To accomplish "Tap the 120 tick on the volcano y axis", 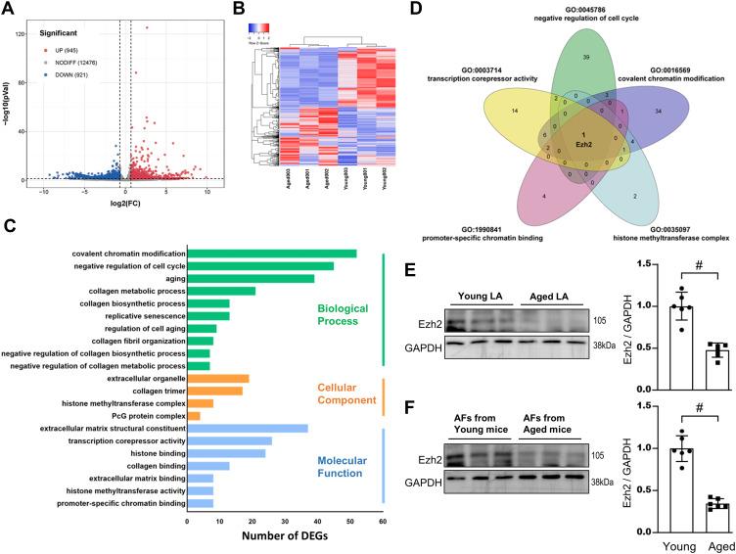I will (x=21, y=33).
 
